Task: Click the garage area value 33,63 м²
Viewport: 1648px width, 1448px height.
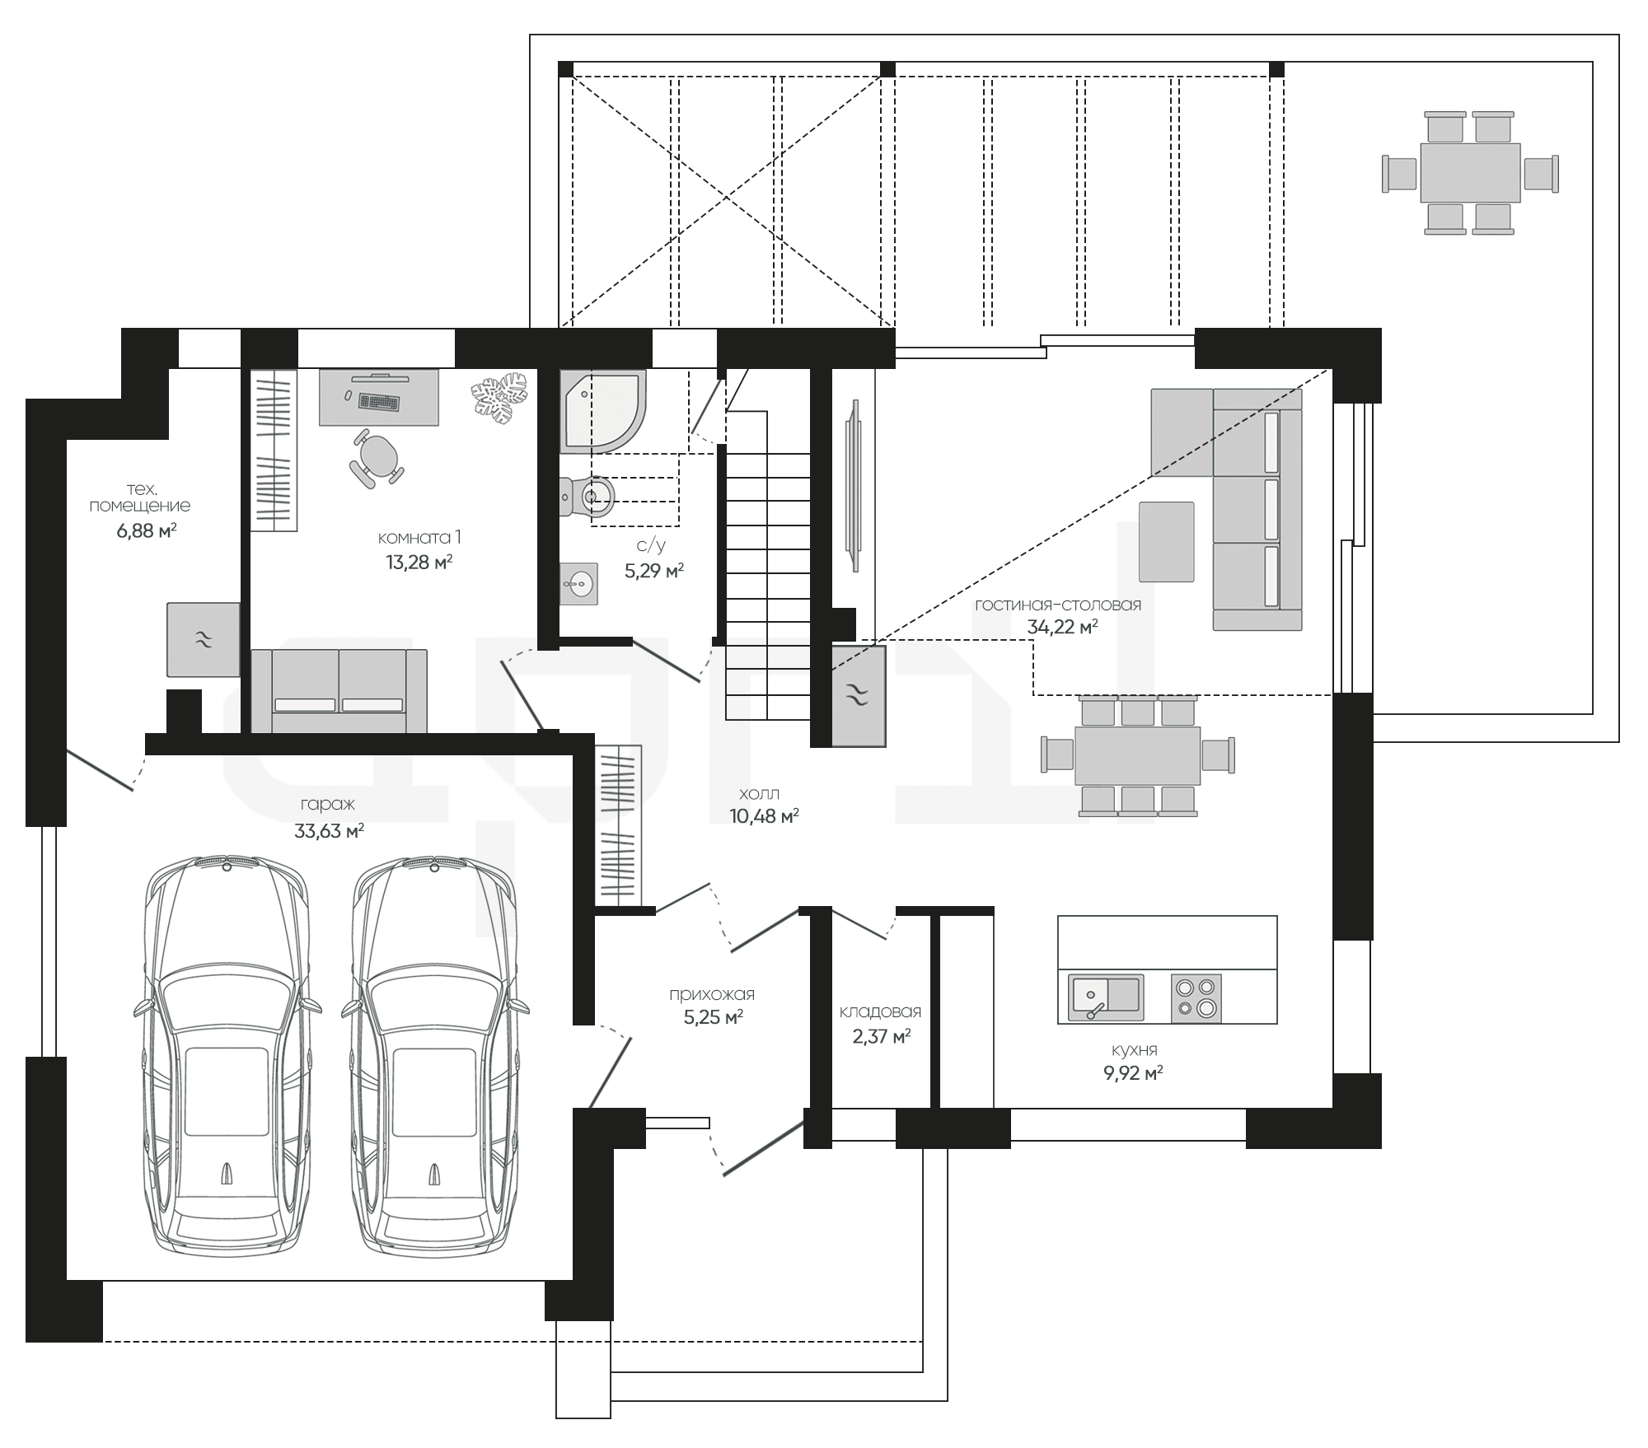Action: [329, 831]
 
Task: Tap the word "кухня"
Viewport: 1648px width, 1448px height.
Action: [1134, 1050]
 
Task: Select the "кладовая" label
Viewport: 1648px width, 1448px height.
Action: [880, 1011]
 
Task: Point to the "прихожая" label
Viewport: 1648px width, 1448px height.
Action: [712, 994]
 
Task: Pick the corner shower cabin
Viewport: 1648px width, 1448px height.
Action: [603, 411]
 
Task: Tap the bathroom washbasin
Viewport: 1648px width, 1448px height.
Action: [578, 584]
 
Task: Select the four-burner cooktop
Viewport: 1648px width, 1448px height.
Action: [1196, 998]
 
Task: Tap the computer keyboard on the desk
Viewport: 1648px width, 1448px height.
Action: [380, 403]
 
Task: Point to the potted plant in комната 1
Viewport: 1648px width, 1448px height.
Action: [499, 399]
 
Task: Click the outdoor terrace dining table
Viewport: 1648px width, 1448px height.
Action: [1470, 173]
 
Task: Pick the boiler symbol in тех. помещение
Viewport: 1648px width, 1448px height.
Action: [204, 639]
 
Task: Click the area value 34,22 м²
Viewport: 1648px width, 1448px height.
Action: [1062, 627]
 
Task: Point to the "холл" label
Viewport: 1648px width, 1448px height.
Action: [759, 793]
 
